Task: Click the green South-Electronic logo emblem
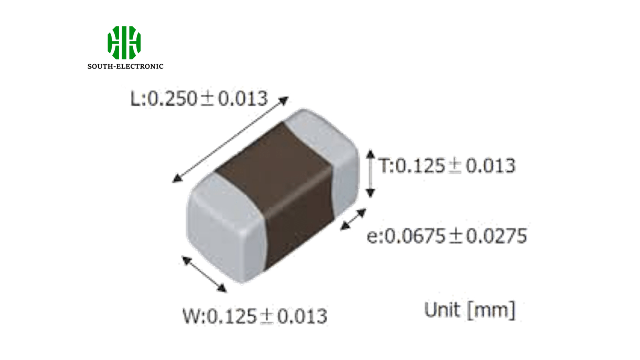[124, 42]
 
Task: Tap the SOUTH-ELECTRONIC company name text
[125, 66]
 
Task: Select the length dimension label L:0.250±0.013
[199, 99]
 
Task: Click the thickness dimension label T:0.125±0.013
[447, 166]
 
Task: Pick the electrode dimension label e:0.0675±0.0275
[447, 236]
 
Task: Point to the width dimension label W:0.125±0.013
[255, 316]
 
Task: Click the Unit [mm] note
[470, 310]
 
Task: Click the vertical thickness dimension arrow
[370, 174]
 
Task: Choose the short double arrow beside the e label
[353, 220]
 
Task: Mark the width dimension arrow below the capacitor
[204, 274]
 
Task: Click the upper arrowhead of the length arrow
[284, 100]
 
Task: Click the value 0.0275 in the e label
[496, 236]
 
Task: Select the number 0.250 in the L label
[172, 99]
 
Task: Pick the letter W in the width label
[191, 316]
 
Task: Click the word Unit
[442, 310]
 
